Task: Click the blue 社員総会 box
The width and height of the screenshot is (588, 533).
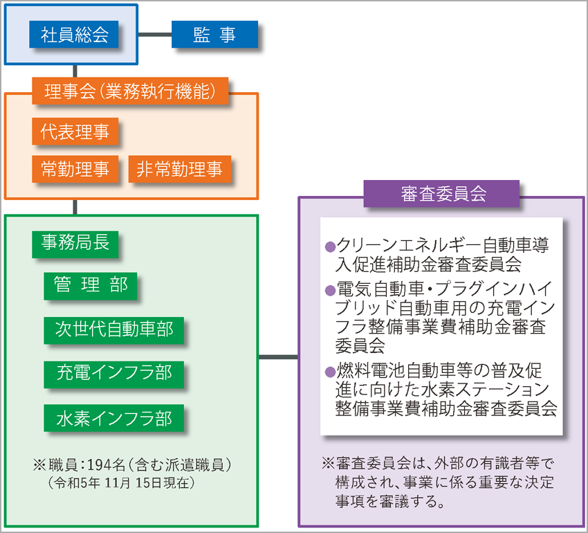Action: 74,35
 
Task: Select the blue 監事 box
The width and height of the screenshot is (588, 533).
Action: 214,35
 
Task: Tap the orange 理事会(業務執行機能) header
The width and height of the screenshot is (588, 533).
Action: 130,91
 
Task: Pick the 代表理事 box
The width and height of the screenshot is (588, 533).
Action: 75,132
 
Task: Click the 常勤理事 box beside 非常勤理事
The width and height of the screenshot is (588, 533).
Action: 75,169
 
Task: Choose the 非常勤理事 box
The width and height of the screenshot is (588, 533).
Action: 180,169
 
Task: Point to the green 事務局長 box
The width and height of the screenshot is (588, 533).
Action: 75,244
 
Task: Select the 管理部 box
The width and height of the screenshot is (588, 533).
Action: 91,286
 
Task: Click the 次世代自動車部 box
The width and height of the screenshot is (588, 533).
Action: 114,330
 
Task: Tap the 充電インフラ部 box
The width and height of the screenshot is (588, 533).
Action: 114,374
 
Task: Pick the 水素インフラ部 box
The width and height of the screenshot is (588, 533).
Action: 114,418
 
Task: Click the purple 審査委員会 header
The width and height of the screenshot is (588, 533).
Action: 441,194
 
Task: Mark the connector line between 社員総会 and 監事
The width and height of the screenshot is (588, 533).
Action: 155,35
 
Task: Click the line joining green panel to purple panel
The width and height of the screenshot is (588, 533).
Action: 278,356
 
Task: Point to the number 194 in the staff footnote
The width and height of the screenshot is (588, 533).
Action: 97,465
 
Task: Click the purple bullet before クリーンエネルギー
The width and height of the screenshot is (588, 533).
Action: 330,246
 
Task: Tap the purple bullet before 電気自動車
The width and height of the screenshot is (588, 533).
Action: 330,290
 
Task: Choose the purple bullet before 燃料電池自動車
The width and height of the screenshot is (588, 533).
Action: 330,372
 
